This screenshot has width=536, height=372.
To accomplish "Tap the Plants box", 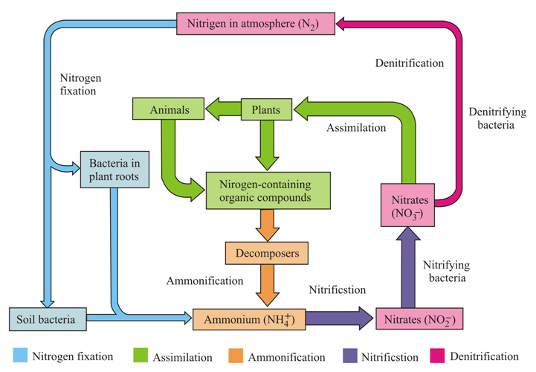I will click(265, 111).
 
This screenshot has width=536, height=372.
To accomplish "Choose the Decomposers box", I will click(266, 254).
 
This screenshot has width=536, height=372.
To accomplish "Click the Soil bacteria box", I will click(47, 319).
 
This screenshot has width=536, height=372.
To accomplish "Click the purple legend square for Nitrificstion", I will click(351, 356).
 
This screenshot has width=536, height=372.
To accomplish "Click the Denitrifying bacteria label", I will click(497, 119).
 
